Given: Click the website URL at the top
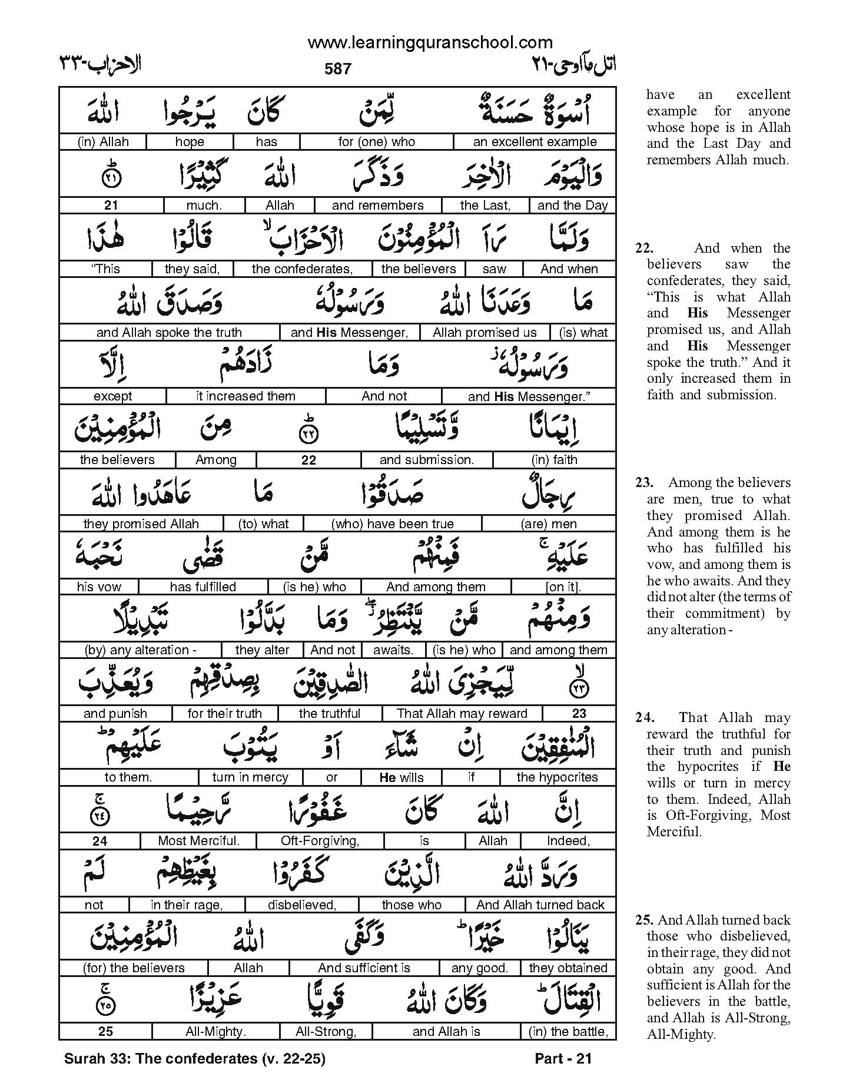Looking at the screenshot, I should pos(430,43).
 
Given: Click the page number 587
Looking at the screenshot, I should pos(338,69).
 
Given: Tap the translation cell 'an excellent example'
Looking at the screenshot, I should pos(535,142).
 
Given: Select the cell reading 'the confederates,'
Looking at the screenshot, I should pos(302,269).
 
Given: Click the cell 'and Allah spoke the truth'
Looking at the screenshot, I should pos(169,333).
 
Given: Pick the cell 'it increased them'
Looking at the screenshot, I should pos(245,396).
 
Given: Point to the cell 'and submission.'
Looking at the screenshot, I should pos(427,460).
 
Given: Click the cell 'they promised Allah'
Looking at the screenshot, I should pos(141,524).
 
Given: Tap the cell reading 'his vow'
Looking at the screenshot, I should pos(99,587).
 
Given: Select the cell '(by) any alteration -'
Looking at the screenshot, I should pos(141,650).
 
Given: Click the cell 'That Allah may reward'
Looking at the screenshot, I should pos(462,714).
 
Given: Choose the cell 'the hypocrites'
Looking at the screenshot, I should pos(557,777).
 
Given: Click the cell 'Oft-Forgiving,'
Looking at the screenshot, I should pos(320,841).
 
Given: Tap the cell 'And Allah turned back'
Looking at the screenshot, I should pos(540,905).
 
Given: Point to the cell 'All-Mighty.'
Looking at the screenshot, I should pos(215,1032).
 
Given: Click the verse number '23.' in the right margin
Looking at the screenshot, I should pos(644,483).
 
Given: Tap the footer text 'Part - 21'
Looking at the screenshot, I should pos(563,1059).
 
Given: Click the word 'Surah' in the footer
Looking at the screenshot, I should pos(82,1059).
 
